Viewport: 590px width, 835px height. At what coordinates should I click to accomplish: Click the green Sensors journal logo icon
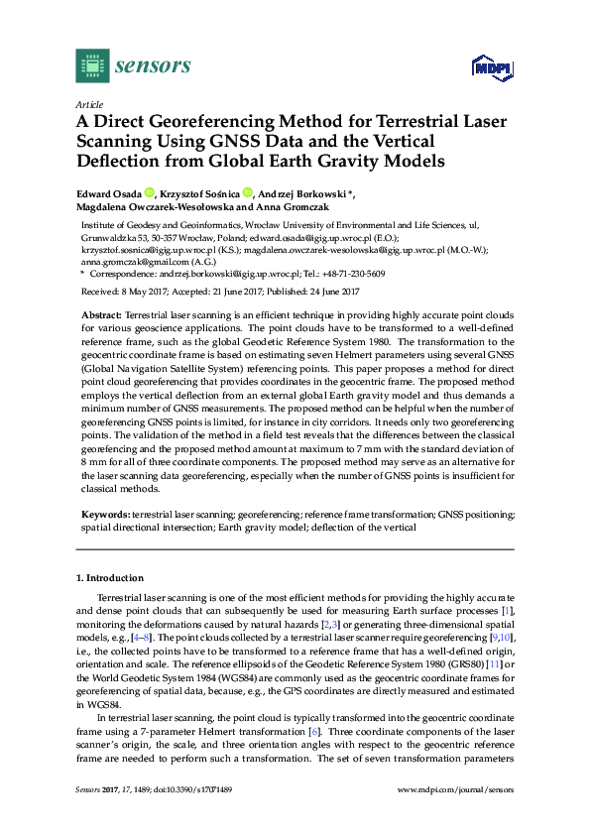pos(92,65)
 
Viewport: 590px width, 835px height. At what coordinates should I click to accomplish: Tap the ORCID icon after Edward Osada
pos(150,192)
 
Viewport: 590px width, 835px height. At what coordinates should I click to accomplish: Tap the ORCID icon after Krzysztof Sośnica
pos(249,192)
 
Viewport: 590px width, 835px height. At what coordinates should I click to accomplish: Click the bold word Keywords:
pos(105,515)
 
